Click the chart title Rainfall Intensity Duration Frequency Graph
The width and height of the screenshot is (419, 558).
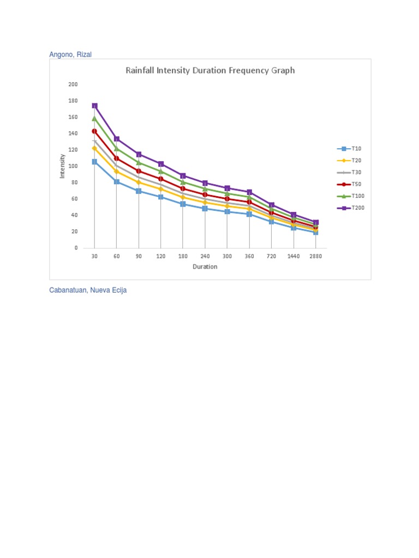click(210, 70)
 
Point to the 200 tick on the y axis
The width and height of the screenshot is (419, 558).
click(73, 84)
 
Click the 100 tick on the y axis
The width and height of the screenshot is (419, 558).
click(73, 166)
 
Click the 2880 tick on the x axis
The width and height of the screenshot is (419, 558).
click(316, 256)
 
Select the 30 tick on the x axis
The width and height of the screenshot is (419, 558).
click(94, 256)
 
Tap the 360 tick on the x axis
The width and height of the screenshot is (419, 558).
click(249, 256)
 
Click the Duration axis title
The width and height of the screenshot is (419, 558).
click(205, 267)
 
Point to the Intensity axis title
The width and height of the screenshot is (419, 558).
click(62, 166)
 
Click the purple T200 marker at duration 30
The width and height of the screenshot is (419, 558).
click(94, 106)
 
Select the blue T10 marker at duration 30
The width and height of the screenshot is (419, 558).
click(94, 162)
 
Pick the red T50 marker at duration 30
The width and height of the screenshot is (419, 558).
click(94, 131)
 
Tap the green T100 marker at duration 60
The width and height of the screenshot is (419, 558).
click(117, 148)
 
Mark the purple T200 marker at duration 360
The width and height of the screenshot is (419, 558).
click(249, 192)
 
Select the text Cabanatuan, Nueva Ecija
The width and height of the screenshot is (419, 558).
click(88, 290)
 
